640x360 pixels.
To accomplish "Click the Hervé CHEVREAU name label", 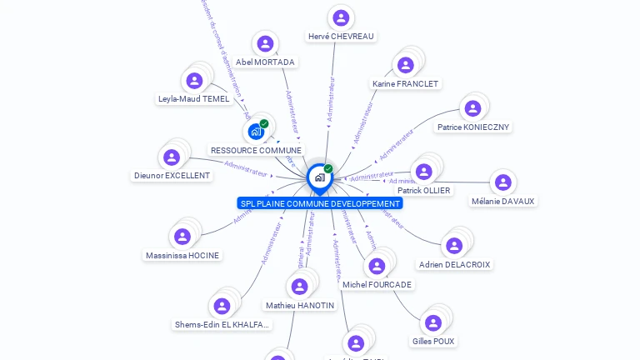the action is pos(341,37).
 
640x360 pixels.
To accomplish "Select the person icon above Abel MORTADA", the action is pos(265,44).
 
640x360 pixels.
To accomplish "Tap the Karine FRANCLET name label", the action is pos(406,84).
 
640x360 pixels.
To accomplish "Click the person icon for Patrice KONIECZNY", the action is pos(472,108).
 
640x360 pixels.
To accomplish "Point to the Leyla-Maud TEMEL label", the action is pos(193,99).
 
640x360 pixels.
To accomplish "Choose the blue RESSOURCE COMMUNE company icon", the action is pos(256,131).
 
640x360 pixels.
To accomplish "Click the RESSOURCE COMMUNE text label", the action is pos(256,151).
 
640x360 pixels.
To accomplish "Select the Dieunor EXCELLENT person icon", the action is pos(172,157).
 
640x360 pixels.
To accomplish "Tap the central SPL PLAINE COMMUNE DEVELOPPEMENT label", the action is pos(319,203).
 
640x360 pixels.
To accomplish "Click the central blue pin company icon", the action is pos(318,177).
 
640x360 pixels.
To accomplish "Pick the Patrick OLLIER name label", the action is pos(424,191).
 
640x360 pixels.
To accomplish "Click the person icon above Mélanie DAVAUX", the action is pos(502,182).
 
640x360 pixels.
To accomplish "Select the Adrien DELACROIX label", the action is pos(455,265).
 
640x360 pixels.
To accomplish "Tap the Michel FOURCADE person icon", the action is pos(377,266).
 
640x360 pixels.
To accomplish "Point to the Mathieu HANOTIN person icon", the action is pos(299,287).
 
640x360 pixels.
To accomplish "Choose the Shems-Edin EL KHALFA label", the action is pos(222,325).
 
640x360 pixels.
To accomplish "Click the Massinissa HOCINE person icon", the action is pos(182,237).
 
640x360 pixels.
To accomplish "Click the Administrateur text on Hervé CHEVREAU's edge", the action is pos(331,100).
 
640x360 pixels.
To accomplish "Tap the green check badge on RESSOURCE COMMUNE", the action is pos(264,123).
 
